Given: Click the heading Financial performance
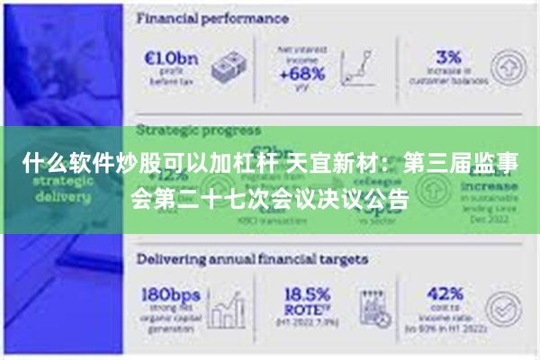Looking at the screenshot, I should pos(212,17).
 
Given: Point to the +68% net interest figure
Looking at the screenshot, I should pos(303,74).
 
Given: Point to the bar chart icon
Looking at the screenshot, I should pos(233,310).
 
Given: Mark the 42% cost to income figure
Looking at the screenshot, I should pos(445,295).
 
